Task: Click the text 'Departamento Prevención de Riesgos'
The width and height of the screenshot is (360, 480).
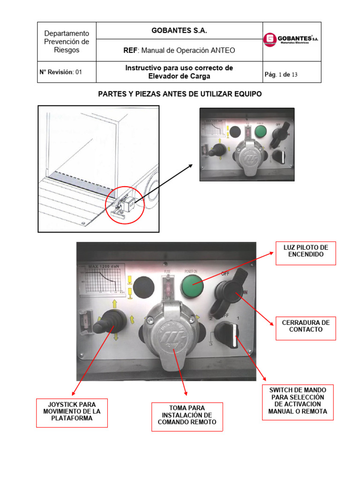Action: coord(66,42)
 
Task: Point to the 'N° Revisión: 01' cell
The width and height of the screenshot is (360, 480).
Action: coord(60,72)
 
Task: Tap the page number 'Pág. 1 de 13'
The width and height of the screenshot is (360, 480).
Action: coord(281,75)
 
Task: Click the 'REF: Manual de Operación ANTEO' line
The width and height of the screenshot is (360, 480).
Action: coord(176,50)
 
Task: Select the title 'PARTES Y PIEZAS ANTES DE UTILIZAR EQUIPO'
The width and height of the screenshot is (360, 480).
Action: coord(180,94)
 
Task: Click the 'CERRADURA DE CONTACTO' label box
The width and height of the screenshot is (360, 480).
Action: coord(306,326)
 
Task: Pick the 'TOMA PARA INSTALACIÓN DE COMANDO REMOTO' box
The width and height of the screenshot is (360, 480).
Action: coord(187,415)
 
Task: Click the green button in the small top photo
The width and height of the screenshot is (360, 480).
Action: coord(260,129)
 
